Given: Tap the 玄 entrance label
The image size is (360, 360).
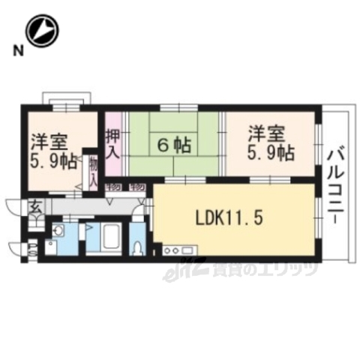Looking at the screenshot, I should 35,207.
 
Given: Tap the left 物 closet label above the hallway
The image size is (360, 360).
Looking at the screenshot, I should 115,187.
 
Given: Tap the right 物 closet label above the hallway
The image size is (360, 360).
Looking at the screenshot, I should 137,187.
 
